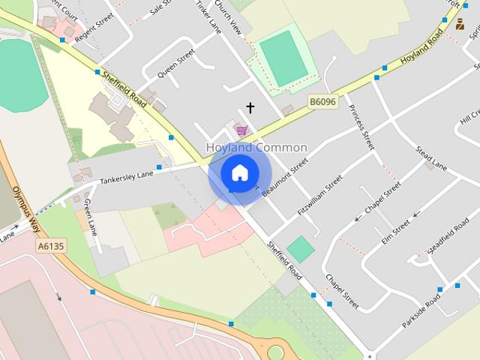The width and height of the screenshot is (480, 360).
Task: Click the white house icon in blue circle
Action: click(x=239, y=172)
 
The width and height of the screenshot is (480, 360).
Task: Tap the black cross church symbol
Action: click(x=250, y=108)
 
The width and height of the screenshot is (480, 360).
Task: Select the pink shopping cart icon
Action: click(x=241, y=131)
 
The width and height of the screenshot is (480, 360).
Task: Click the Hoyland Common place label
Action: click(x=256, y=148)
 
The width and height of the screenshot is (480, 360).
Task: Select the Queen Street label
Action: click(x=176, y=62)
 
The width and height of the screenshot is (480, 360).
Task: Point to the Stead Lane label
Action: click(x=431, y=157)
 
